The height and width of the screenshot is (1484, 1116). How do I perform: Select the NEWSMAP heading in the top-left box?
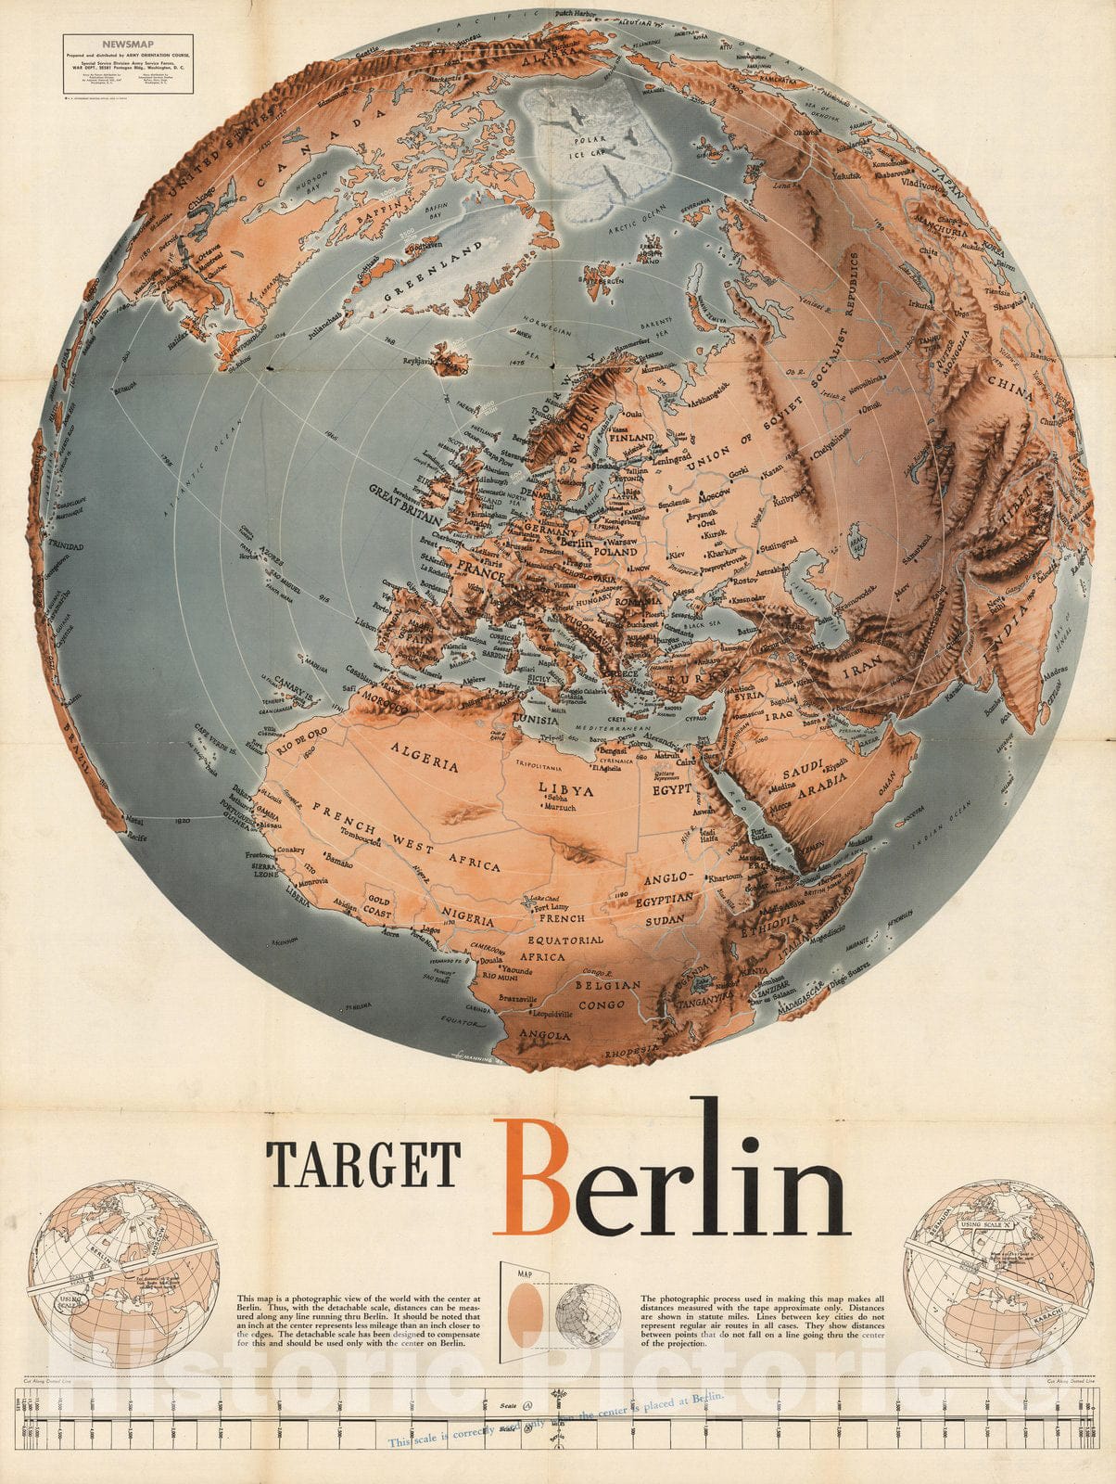tap(128, 43)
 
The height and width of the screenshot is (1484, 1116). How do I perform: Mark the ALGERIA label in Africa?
tap(425, 757)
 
